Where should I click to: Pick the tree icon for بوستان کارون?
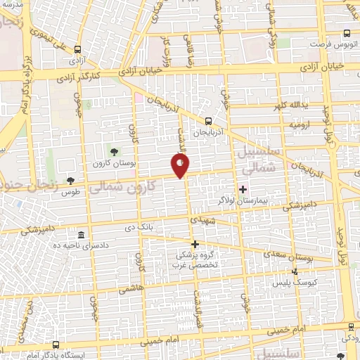114,151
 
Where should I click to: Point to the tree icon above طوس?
70,180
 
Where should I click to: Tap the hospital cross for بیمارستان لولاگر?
243,188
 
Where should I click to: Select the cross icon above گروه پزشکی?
195,244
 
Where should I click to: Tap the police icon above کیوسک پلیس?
295,271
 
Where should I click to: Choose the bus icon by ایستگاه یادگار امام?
56,345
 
